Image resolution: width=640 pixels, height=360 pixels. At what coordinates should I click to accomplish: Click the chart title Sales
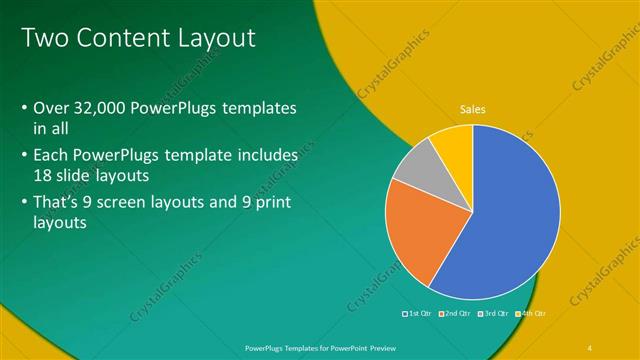tap(472, 109)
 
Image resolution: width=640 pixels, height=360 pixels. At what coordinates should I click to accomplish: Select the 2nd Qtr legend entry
tap(458, 313)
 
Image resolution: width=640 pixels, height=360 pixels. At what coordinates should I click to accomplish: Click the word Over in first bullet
tap(50, 107)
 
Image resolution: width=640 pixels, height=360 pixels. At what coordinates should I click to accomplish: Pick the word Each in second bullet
tap(51, 155)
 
